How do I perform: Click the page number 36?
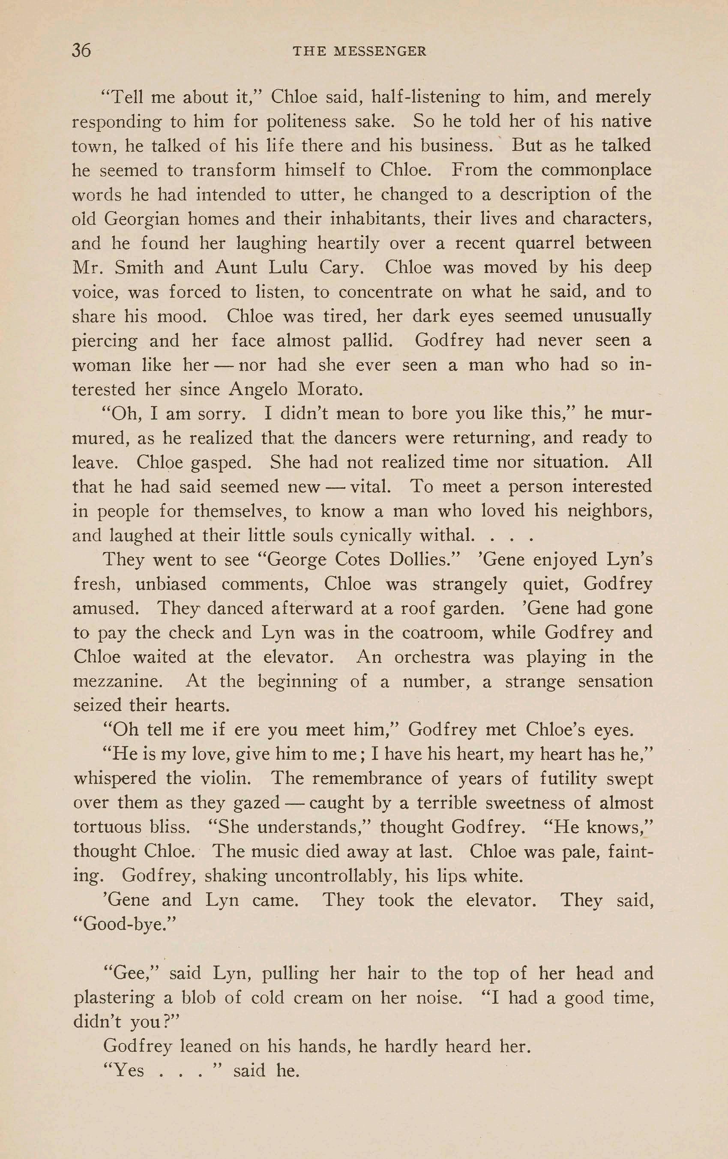point(81,50)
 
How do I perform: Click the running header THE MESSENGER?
point(359,51)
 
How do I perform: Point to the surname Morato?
point(330,389)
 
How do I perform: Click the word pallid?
point(367,341)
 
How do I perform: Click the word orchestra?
point(432,657)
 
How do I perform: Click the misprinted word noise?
point(433,998)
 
